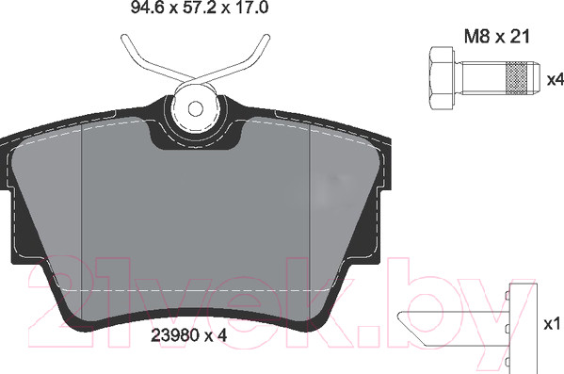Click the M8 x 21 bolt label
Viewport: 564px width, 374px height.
[497, 37]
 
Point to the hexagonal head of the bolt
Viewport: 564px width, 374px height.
[441, 78]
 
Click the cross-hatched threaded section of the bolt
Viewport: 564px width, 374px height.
[518, 78]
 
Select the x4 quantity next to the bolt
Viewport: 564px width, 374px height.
[555, 79]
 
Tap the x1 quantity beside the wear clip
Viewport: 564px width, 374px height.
[552, 324]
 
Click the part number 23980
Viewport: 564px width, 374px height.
[175, 335]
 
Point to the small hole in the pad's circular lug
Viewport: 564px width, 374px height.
[196, 108]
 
